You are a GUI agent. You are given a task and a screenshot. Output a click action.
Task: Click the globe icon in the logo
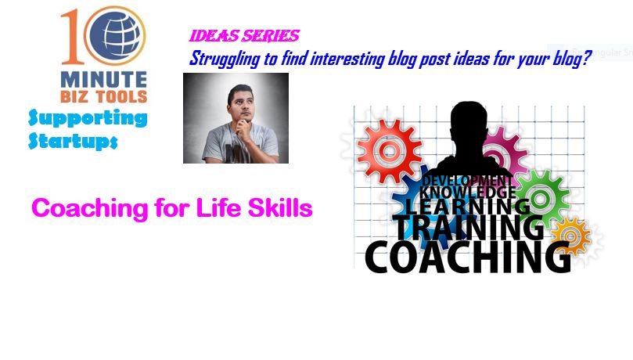click(x=115, y=35)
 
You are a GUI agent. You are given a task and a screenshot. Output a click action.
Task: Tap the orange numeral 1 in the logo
click(x=73, y=37)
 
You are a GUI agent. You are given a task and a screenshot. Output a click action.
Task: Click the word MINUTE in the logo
click(x=104, y=80)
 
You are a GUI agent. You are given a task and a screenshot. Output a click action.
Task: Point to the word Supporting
click(x=88, y=119)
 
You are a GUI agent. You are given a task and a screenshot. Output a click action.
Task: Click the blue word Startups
click(x=73, y=141)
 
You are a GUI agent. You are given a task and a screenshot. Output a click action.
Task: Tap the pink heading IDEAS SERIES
click(x=244, y=36)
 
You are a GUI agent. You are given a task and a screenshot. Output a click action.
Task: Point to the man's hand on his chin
click(x=243, y=129)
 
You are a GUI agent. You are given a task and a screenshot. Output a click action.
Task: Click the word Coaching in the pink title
click(x=90, y=209)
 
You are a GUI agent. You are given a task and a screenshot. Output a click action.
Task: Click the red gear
click(x=389, y=151)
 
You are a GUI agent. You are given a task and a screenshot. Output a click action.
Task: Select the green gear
click(x=541, y=198)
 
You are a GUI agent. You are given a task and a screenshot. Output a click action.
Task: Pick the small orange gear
click(x=571, y=236)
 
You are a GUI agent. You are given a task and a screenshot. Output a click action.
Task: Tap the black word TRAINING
click(x=469, y=228)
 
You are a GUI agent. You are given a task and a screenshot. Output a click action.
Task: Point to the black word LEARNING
click(x=468, y=207)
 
